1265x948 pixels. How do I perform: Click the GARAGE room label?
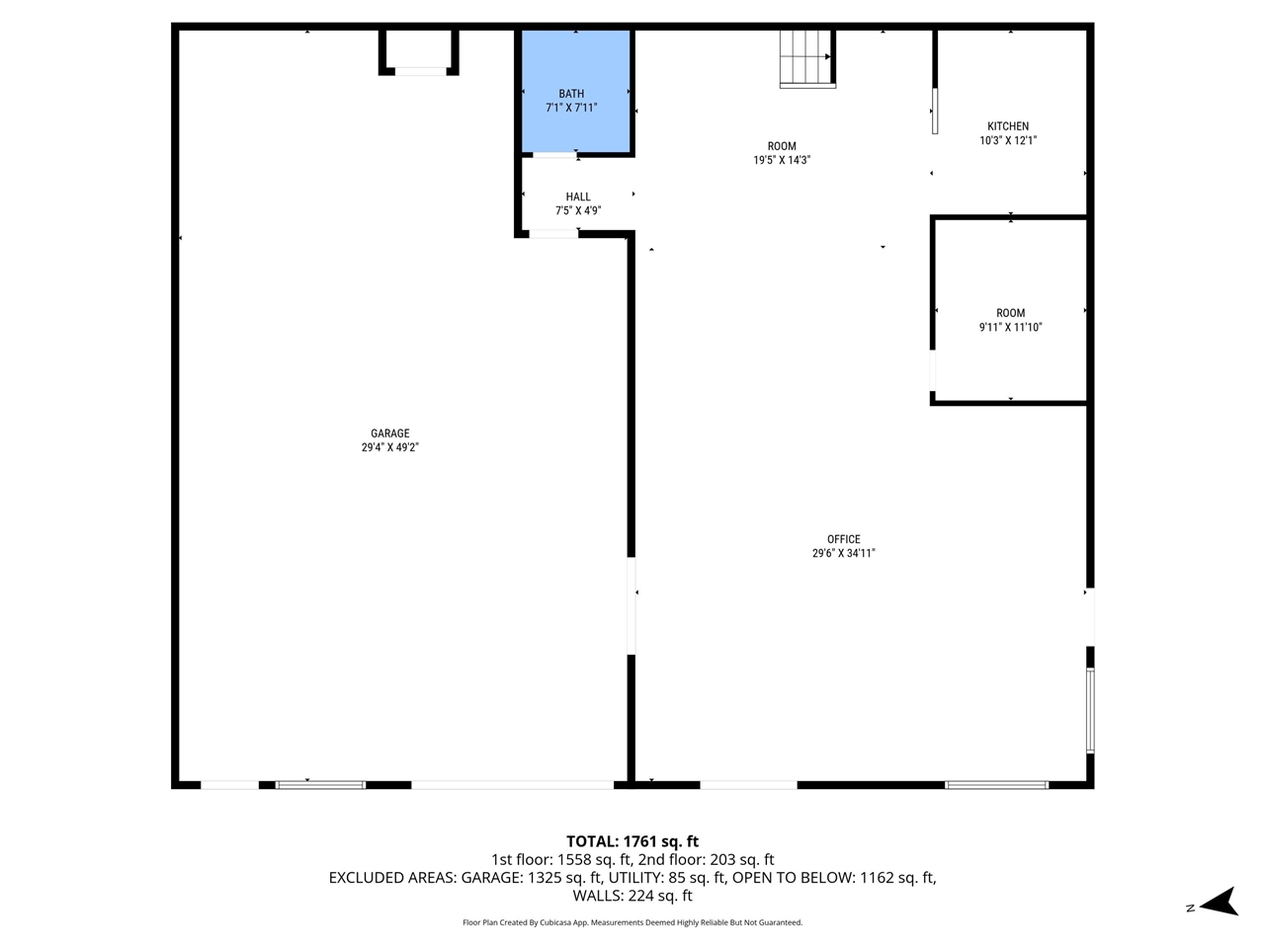tap(389, 434)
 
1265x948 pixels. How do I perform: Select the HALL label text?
tap(578, 197)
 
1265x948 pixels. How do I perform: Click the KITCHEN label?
tap(1008, 126)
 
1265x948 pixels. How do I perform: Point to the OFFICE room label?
tap(843, 539)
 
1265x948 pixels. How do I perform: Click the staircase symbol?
tap(807, 58)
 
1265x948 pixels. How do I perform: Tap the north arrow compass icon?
tap(1222, 902)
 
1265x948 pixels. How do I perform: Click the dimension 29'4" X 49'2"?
tap(389, 447)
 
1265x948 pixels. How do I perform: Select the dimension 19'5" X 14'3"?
tap(782, 160)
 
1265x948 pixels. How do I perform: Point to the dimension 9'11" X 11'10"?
tap(1010, 327)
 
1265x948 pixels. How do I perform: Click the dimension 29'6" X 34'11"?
tap(843, 553)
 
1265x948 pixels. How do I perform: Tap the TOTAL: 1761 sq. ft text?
tap(632, 841)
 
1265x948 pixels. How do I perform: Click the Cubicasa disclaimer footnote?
tap(632, 922)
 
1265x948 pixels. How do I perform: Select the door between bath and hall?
tap(555, 155)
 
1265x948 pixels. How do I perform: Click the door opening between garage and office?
tap(631, 606)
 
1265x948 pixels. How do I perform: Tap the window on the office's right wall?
tap(1090, 710)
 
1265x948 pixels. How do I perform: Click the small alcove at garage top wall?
tap(419, 50)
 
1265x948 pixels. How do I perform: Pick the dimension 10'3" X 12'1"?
tap(1008, 140)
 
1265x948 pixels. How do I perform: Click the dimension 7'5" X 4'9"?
tap(578, 210)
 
